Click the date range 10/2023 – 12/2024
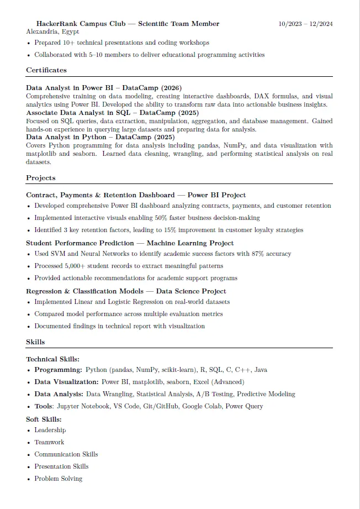305,24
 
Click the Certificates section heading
46,70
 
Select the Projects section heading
41,178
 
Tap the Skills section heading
35,342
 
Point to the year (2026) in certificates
171,88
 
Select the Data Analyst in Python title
68,137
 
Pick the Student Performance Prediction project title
80,243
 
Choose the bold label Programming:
58,370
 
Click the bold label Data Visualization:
67,382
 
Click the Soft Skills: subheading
44,419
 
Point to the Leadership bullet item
50,430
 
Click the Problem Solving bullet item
59,479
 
